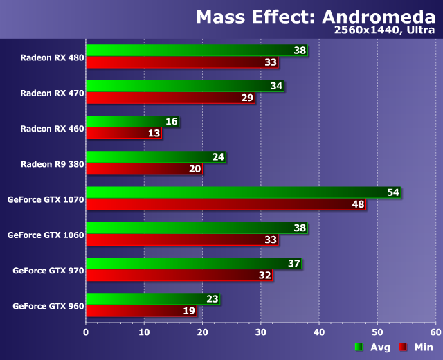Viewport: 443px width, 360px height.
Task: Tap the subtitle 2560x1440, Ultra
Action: coord(384,31)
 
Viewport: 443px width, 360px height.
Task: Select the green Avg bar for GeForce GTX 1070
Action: coord(235,192)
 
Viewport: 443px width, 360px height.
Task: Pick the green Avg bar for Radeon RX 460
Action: coord(125,121)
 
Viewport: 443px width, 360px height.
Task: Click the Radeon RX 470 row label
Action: coord(52,93)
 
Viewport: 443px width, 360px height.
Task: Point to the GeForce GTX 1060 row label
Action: coord(46,235)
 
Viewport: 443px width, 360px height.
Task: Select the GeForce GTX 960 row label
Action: coord(48,305)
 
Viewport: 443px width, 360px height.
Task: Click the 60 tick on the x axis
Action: coord(435,332)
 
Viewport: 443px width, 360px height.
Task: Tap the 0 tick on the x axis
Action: coord(86,332)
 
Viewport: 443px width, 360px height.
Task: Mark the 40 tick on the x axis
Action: coord(318,332)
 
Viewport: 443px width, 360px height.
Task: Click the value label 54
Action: coord(393,192)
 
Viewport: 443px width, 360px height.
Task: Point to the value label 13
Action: coord(154,133)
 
